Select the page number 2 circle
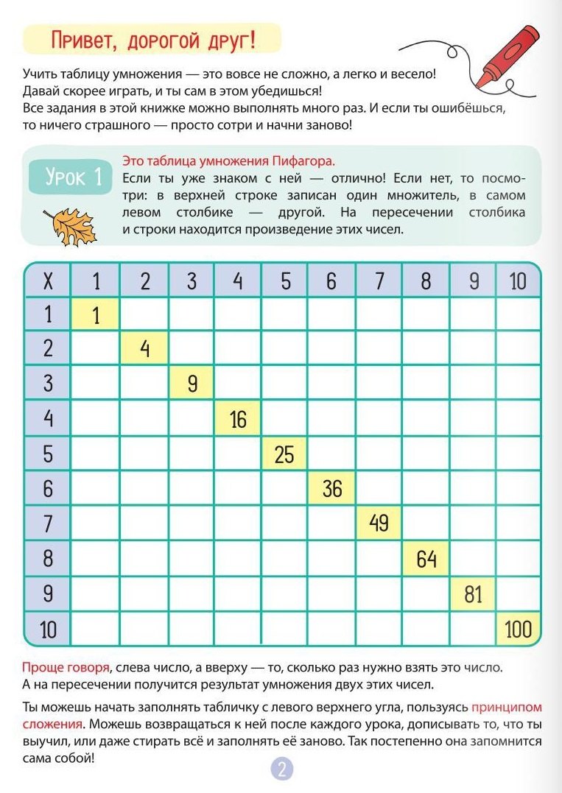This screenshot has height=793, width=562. (282, 769)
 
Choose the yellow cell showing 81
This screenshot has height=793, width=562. (473, 594)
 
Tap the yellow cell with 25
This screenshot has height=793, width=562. (284, 454)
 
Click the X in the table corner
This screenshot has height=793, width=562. (48, 281)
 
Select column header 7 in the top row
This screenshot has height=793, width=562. (379, 281)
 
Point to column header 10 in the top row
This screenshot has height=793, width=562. (519, 281)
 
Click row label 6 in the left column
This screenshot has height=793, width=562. (48, 489)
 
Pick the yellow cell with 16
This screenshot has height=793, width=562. (238, 420)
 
